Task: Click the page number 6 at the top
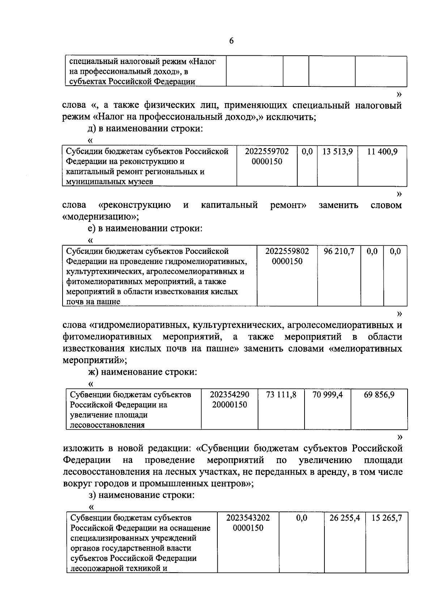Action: pos(231,41)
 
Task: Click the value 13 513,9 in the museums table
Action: pos(337,152)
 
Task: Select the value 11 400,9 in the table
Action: pos(382,152)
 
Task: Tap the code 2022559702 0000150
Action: pos(267,156)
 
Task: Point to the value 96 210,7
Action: pos(339,251)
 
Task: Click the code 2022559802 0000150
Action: pos(287,256)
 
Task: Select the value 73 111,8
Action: pos(281,395)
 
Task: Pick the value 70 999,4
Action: pos(327,395)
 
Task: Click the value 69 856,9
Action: pos(379,395)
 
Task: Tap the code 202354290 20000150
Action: pos(229,399)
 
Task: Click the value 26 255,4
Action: pos(344,518)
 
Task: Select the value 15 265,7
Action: pos(387,518)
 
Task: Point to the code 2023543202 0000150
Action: pos(248,523)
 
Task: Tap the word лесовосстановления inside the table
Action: pos(107,425)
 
